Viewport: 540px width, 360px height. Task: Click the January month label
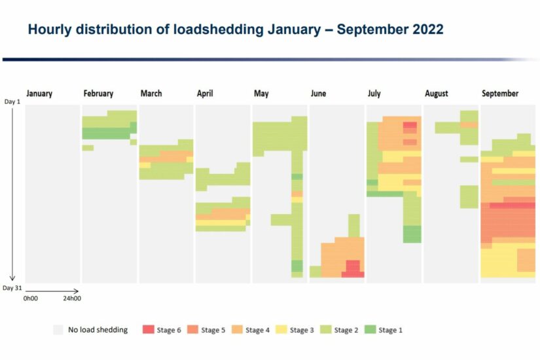click(39, 94)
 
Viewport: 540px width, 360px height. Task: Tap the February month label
click(98, 94)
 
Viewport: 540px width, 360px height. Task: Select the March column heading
click(151, 94)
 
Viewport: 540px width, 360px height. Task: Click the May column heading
click(261, 94)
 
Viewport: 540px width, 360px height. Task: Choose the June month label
click(318, 94)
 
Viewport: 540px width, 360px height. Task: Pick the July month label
click(374, 94)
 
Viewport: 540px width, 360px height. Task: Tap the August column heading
click(437, 94)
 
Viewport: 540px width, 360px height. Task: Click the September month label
click(500, 94)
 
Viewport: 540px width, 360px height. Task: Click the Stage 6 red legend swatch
click(148, 330)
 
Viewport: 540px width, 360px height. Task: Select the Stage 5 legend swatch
click(192, 330)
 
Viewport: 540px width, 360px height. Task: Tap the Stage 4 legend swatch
click(237, 330)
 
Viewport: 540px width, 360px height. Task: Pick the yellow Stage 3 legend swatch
click(281, 330)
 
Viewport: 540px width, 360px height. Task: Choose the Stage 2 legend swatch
click(325, 330)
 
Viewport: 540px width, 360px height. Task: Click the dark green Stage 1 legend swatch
click(370, 330)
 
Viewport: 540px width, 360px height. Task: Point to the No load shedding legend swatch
click(58, 330)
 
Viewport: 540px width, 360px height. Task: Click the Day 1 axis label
click(12, 102)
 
